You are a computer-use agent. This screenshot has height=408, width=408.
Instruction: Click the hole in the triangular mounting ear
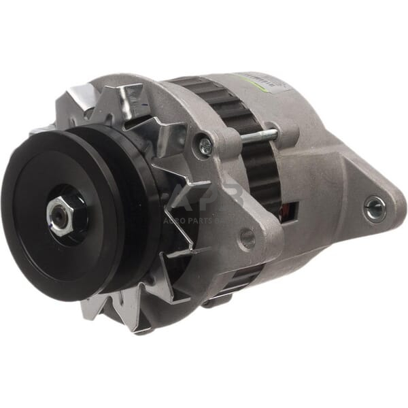[375, 208]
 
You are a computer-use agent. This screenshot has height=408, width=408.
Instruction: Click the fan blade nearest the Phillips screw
[170, 136]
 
